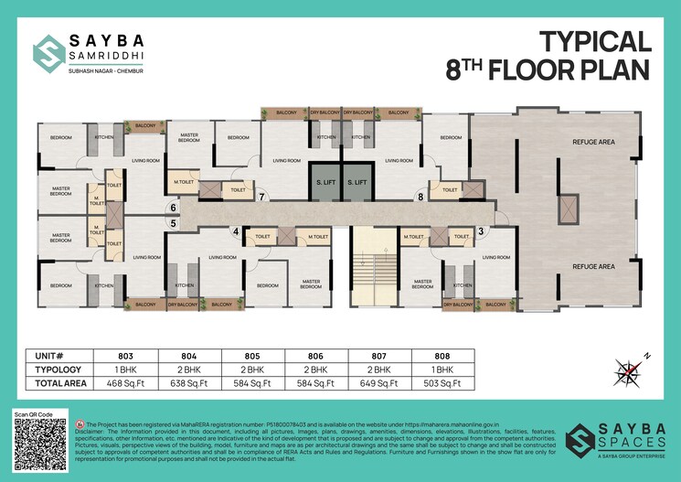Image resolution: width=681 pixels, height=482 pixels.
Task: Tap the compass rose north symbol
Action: coord(628,370)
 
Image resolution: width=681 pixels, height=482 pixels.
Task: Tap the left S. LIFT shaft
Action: coord(325,182)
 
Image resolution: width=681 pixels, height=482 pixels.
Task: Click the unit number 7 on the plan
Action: coord(261,197)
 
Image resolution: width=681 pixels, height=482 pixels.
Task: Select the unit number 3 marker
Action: coord(481,231)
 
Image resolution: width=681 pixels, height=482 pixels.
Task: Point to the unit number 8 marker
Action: coord(420,197)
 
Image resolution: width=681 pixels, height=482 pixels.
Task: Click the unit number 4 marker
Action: coord(236,232)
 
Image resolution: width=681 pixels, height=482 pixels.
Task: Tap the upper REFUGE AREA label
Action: coord(593,143)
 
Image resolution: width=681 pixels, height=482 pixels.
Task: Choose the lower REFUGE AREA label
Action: coord(593,266)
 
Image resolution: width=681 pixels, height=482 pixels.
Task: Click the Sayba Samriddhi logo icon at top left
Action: coord(47,52)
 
